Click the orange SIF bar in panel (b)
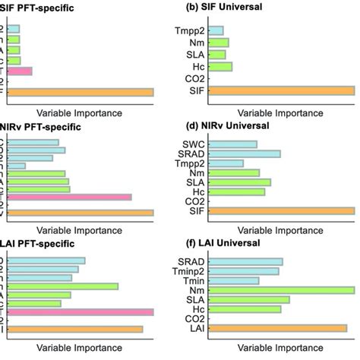[281, 92]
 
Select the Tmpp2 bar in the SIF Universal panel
[216, 30]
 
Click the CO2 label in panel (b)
[193, 79]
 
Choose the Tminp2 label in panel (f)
[187, 270]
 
